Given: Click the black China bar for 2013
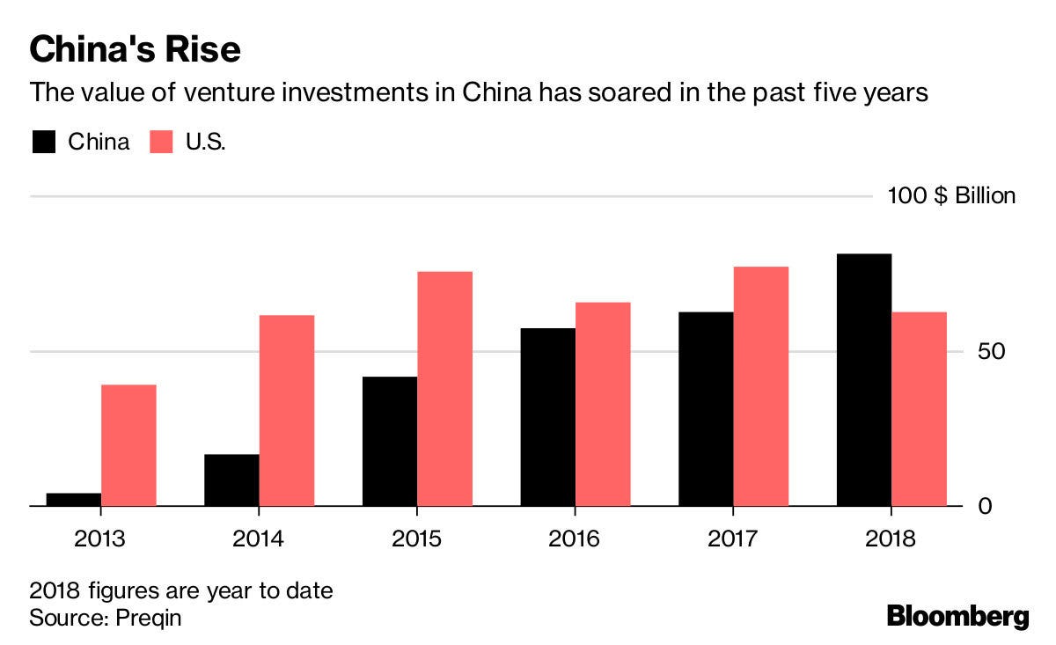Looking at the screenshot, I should [73, 500].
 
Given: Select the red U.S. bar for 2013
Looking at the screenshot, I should [128, 445].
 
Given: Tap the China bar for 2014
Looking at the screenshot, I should [231, 480].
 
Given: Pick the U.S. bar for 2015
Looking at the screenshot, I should [444, 389].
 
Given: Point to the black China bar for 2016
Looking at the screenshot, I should [547, 417].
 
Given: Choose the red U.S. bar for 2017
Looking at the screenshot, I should [761, 386].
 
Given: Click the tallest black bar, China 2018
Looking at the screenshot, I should [864, 380].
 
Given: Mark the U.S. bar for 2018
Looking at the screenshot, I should [919, 409].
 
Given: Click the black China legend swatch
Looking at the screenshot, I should [45, 142].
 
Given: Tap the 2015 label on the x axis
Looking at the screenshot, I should [416, 538].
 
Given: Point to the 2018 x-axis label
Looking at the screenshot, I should [891, 538].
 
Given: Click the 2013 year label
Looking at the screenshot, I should [100, 538].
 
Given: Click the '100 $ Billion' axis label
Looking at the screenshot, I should [950, 195].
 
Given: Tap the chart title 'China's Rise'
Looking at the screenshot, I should [135, 49].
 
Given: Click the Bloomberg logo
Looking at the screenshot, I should [957, 616].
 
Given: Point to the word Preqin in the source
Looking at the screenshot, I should [147, 617].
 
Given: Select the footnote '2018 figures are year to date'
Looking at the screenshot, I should [181, 590].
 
